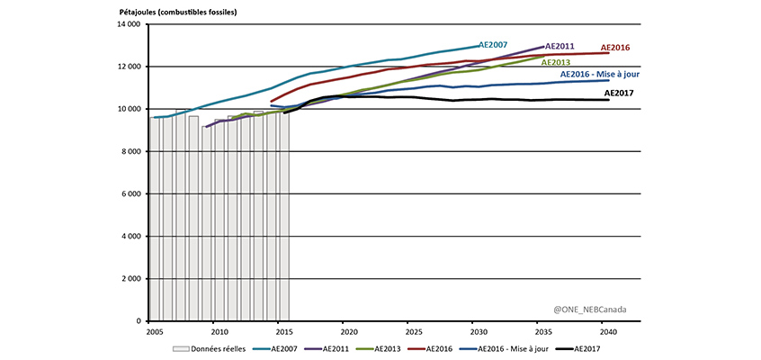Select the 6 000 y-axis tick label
[130, 193]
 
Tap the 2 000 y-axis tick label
[130, 278]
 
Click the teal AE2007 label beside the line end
[495, 44]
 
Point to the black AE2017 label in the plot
[621, 92]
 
